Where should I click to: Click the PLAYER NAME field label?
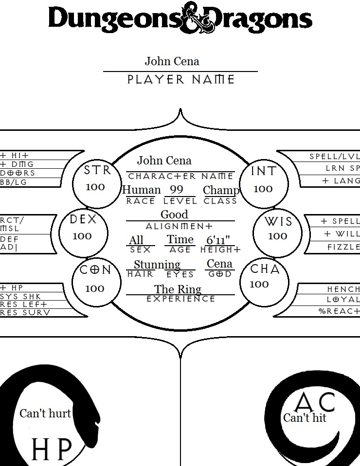180,79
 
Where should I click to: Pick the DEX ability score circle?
82,233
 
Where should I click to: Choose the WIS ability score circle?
277,233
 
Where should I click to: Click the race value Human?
141,190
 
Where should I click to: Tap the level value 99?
177,190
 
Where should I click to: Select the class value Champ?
221,190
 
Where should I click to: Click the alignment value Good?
174,215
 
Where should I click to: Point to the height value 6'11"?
218,240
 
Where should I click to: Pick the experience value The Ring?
178,290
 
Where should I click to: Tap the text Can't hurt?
45,413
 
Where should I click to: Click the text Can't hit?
305,418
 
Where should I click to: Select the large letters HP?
52,449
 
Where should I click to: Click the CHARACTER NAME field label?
180,176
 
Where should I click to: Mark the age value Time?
180,239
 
